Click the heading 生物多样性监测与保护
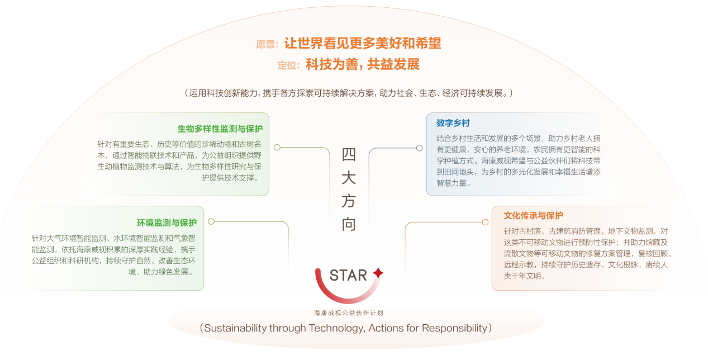[220, 129]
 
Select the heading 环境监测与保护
[167, 223]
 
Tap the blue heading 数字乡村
[453, 123]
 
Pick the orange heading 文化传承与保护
[533, 216]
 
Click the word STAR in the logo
[348, 275]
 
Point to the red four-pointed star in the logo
[378, 273]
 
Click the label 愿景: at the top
[267, 45]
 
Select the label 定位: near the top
[288, 65]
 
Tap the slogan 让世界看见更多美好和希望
[363, 43]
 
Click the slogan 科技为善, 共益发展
[363, 64]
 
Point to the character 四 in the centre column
[349, 154]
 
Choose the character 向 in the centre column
[349, 224]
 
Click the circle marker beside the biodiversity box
[277, 148]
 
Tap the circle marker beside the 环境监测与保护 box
[211, 221]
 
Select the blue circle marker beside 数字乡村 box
[420, 148]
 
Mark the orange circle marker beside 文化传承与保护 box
[485, 222]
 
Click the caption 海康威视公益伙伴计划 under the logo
[349, 313]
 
